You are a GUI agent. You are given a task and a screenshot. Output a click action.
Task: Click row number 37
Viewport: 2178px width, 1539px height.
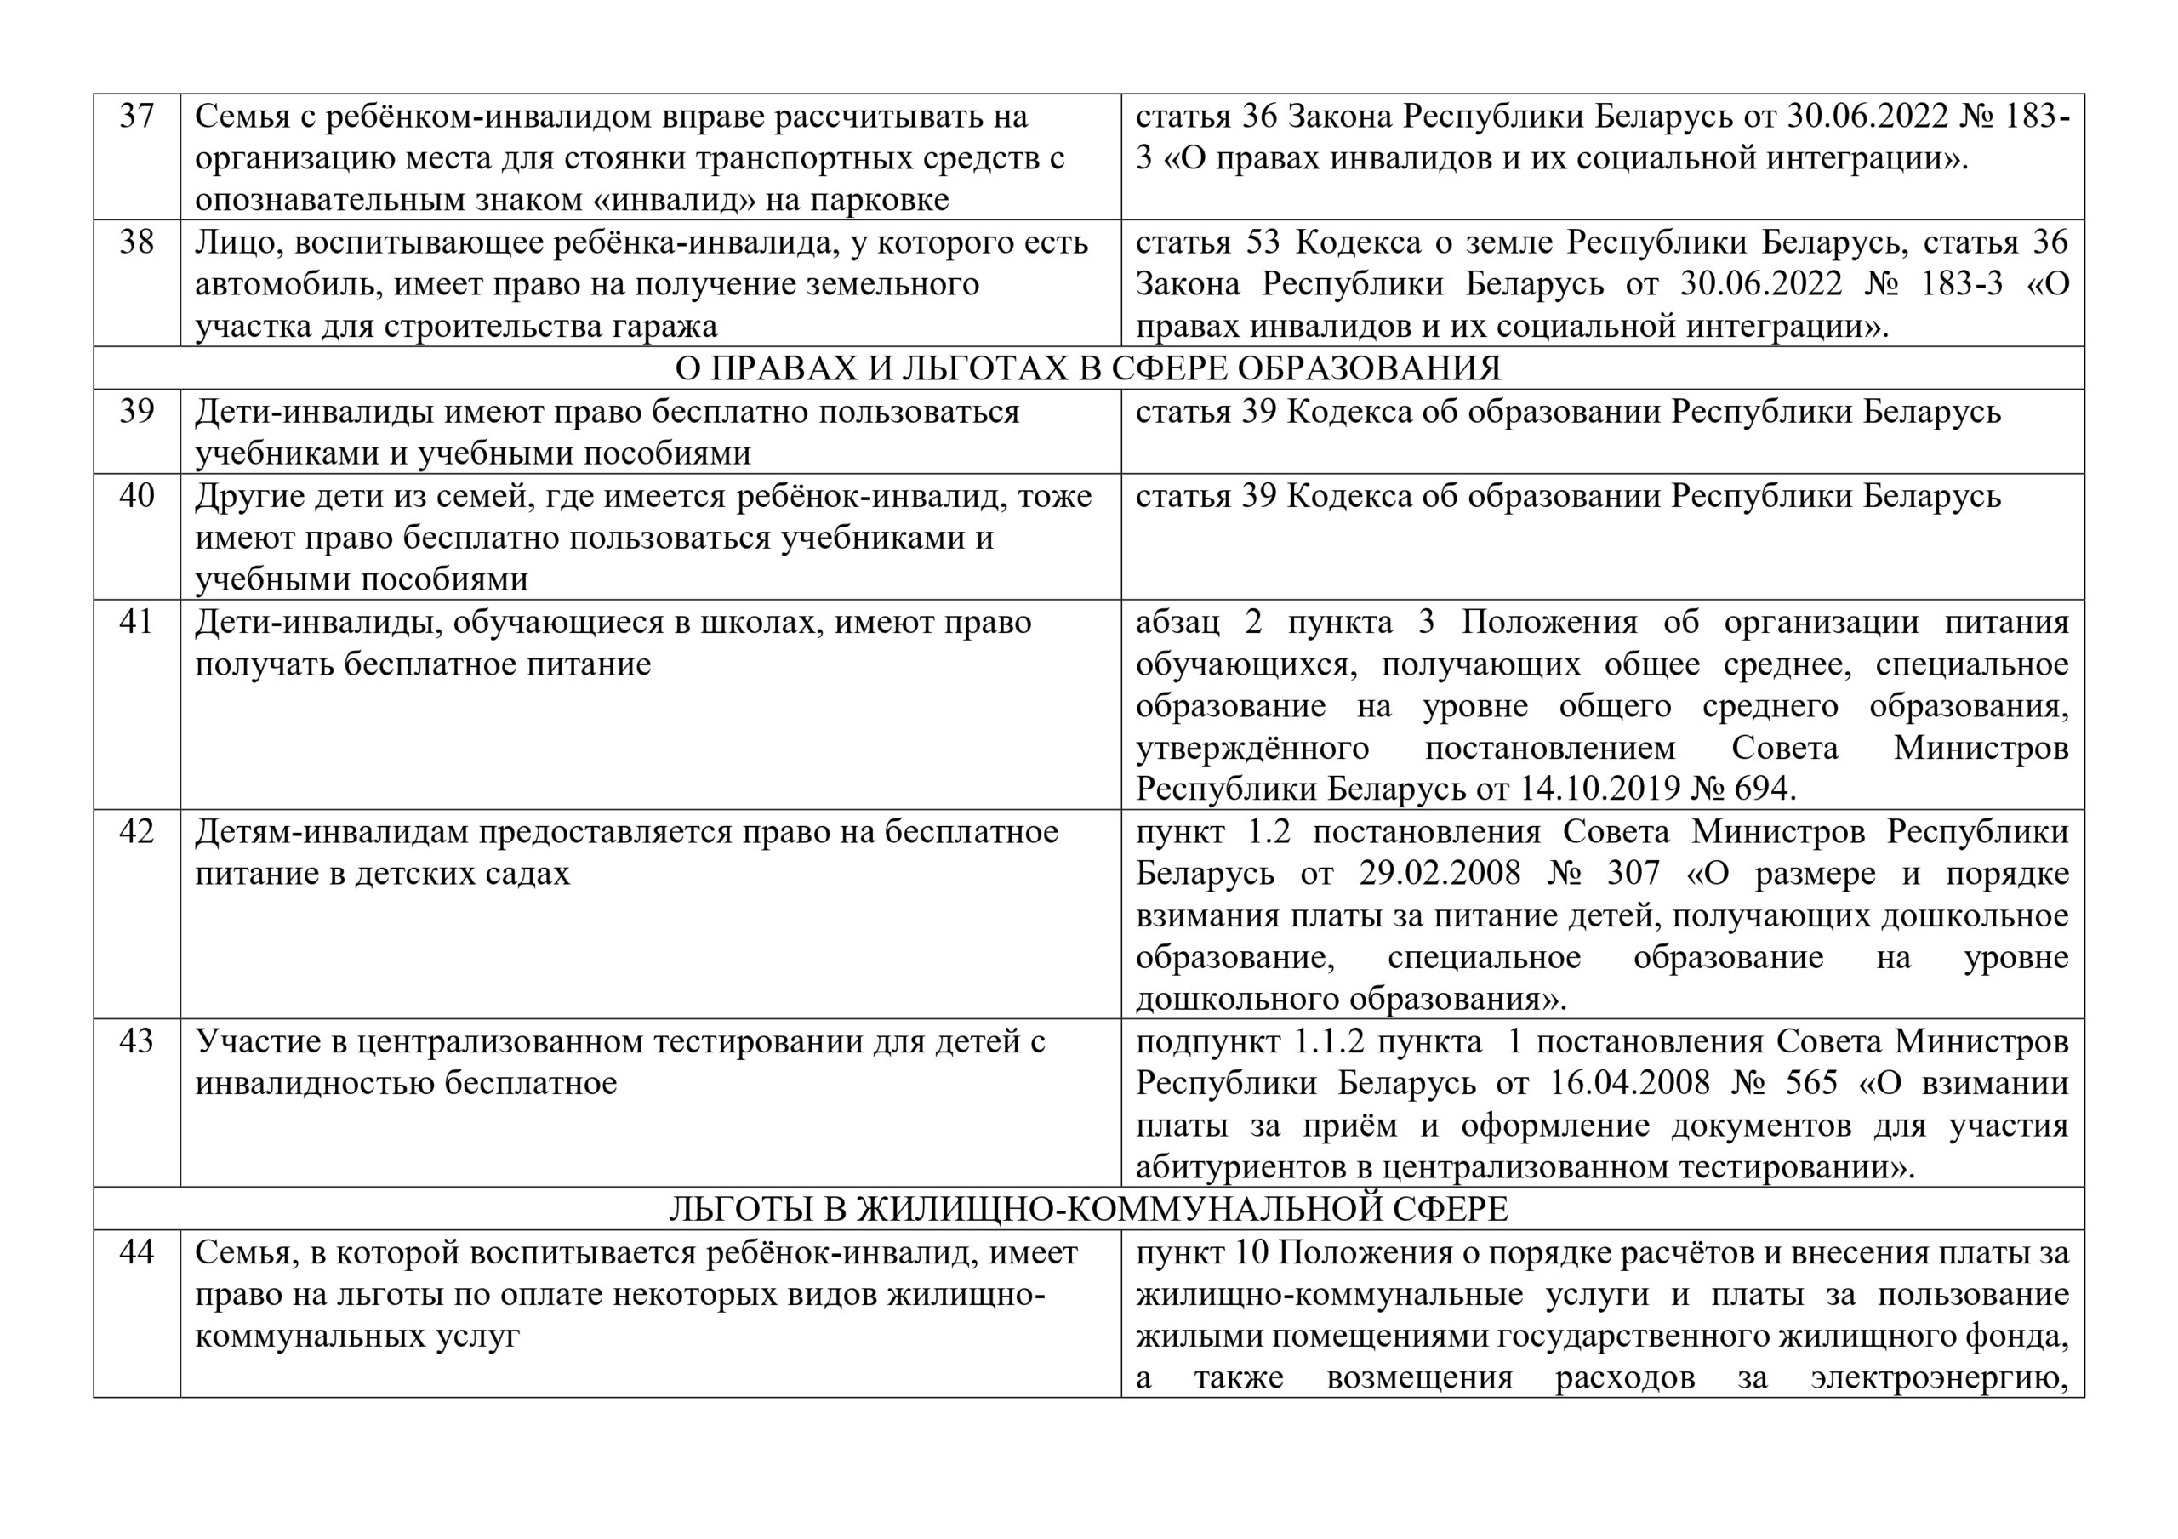(x=137, y=117)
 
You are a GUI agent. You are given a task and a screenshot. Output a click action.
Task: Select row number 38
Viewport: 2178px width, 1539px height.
(x=137, y=243)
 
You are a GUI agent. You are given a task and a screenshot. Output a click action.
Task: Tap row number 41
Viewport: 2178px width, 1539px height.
(x=137, y=623)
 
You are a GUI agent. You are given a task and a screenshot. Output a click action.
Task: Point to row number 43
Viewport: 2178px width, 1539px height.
(x=137, y=1042)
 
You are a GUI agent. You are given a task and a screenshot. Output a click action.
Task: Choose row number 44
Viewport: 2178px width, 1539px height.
(x=137, y=1252)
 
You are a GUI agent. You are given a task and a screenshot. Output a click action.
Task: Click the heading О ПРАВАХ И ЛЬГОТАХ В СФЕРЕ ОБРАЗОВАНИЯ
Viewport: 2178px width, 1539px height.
(x=1088, y=368)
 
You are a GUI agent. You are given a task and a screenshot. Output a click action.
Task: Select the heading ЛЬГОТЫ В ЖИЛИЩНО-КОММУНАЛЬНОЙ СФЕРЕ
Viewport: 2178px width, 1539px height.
(x=1088, y=1209)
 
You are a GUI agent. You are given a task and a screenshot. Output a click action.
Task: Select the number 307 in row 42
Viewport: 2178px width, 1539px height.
(x=1633, y=874)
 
